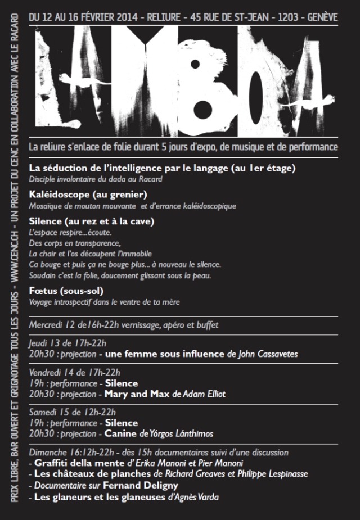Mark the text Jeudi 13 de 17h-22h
[x=68, y=343]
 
